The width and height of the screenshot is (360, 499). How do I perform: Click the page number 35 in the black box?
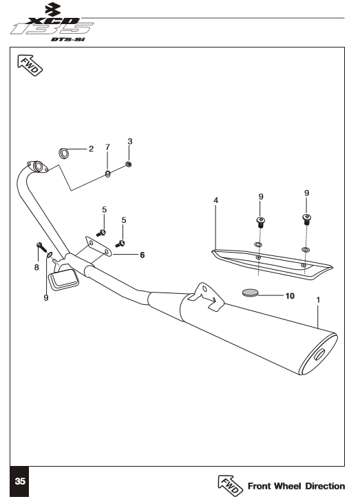pyautogui.click(x=20, y=481)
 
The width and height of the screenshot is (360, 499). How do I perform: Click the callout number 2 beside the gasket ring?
pyautogui.click(x=92, y=149)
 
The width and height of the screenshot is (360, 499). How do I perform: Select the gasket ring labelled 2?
pyautogui.click(x=64, y=153)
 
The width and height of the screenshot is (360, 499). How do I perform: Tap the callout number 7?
pyautogui.click(x=107, y=147)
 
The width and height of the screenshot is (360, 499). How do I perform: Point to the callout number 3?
pyautogui.click(x=130, y=141)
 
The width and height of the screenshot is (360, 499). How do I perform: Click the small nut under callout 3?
pyautogui.click(x=129, y=164)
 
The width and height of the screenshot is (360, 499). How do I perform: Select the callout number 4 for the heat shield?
pyautogui.click(x=216, y=200)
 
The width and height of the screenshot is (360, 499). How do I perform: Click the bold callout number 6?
pyautogui.click(x=142, y=255)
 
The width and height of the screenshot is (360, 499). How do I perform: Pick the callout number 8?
pyautogui.click(x=36, y=267)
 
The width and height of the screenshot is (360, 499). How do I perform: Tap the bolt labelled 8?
pyautogui.click(x=41, y=246)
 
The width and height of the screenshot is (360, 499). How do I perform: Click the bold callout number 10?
pyautogui.click(x=290, y=296)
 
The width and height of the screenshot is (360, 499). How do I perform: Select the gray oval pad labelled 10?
pyautogui.click(x=250, y=293)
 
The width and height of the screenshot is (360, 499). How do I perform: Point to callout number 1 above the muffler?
pyautogui.click(x=318, y=300)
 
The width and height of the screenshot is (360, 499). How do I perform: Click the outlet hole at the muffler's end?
pyautogui.click(x=319, y=354)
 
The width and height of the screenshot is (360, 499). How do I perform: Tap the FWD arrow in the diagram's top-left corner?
pyautogui.click(x=30, y=65)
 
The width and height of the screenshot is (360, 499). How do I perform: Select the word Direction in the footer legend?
pyautogui.click(x=325, y=487)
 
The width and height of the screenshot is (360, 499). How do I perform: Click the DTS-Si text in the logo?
pyautogui.click(x=68, y=39)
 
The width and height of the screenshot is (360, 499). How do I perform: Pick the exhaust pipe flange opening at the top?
pyautogui.click(x=39, y=167)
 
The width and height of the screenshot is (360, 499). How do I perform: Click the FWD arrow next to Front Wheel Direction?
pyautogui.click(x=230, y=486)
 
